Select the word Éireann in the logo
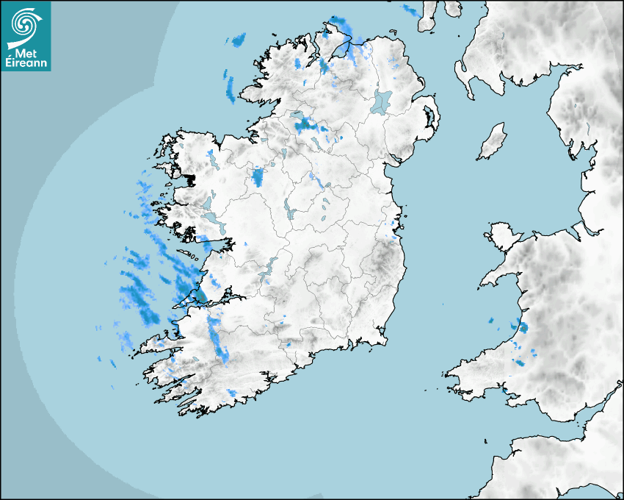point(26,64)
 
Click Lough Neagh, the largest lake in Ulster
point(382,101)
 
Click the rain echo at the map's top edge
point(411,10)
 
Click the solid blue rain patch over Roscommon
point(258,176)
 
